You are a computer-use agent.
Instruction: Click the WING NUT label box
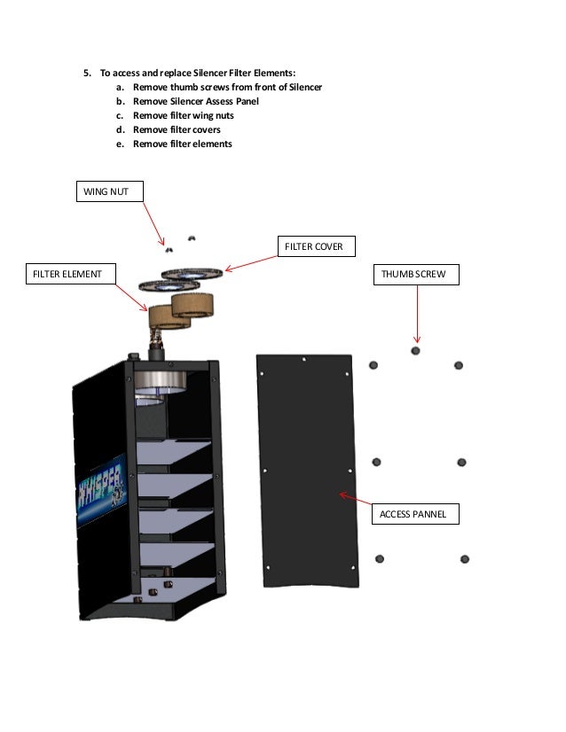coord(107,191)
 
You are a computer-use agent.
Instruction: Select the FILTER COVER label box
coord(312,246)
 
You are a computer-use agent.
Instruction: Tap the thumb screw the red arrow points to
coord(416,351)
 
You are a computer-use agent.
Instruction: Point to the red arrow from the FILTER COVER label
coord(253,262)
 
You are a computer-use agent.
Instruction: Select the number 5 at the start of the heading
coord(86,73)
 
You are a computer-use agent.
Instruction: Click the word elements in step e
coord(211,144)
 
